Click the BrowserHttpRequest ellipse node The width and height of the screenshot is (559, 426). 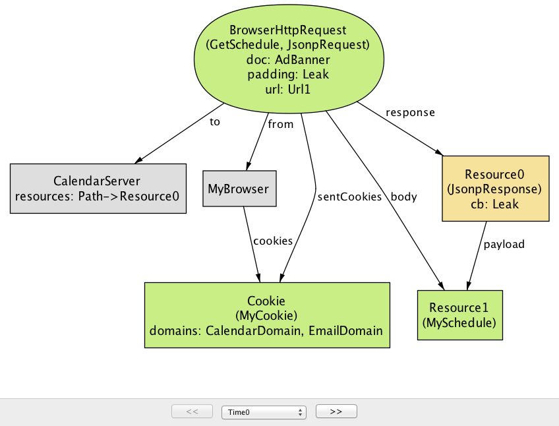click(288, 59)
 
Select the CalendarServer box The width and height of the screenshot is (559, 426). click(98, 188)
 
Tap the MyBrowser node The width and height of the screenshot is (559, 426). click(239, 189)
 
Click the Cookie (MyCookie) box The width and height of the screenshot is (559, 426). click(266, 315)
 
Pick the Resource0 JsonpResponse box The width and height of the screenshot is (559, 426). click(494, 189)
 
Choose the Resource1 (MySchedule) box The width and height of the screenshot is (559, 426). click(459, 315)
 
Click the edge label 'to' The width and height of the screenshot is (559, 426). click(215, 122)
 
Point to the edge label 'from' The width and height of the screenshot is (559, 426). click(281, 124)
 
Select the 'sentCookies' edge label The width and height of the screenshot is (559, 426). click(349, 197)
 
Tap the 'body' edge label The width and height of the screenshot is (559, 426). click(403, 197)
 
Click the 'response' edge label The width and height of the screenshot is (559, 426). click(411, 112)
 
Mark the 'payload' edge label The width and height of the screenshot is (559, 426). click(504, 244)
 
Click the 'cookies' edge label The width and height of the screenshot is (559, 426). click(273, 241)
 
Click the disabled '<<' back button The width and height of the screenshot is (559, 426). click(192, 411)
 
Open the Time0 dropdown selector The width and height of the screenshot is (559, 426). click(264, 411)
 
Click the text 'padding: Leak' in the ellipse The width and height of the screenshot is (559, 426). click(288, 75)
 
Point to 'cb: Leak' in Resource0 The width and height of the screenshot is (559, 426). click(494, 204)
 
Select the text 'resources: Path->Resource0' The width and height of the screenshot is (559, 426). click(98, 196)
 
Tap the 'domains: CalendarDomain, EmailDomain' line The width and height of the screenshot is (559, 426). click(266, 330)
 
